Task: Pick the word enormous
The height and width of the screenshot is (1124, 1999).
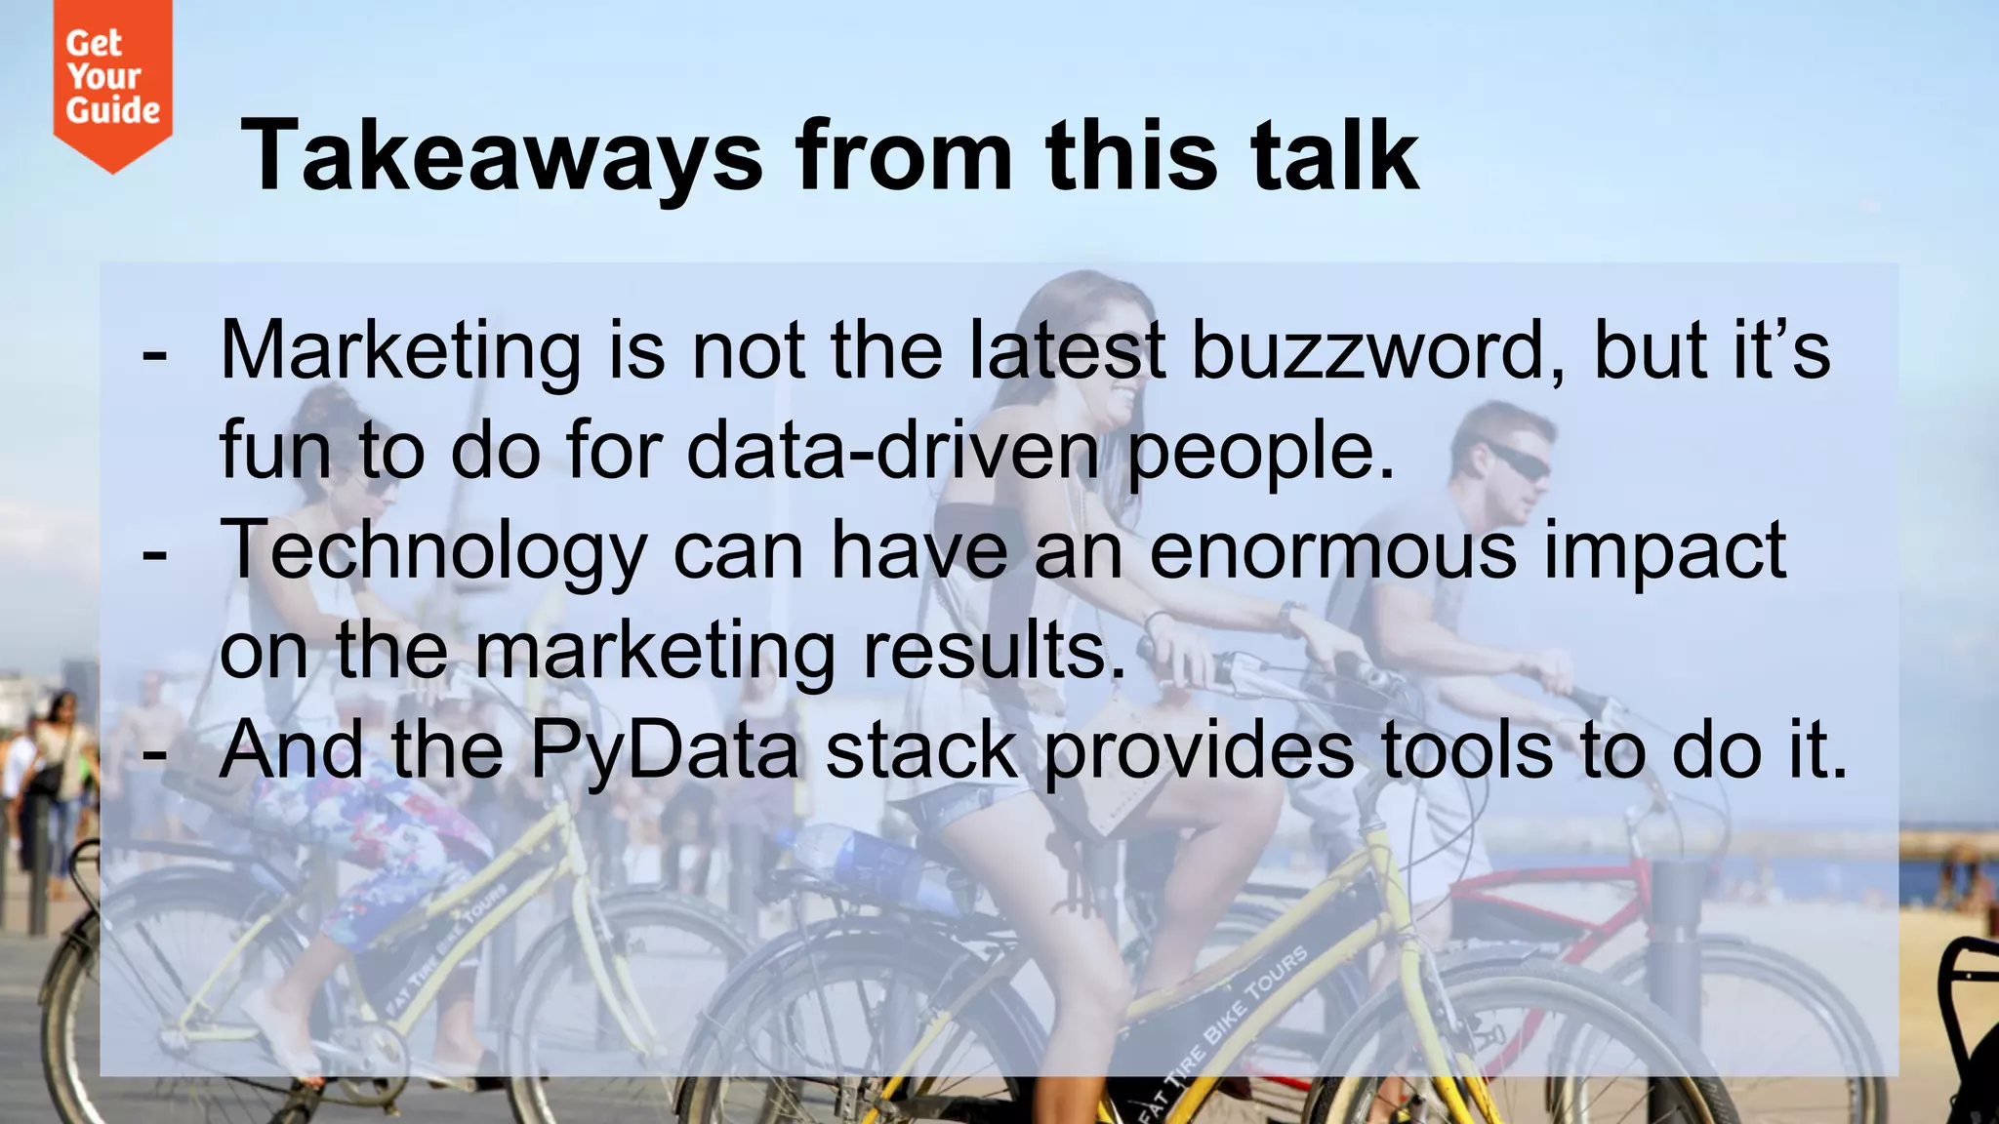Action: (x=1333, y=551)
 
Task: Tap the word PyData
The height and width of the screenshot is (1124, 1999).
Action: (x=665, y=751)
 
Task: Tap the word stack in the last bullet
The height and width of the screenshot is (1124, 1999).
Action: (x=921, y=751)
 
